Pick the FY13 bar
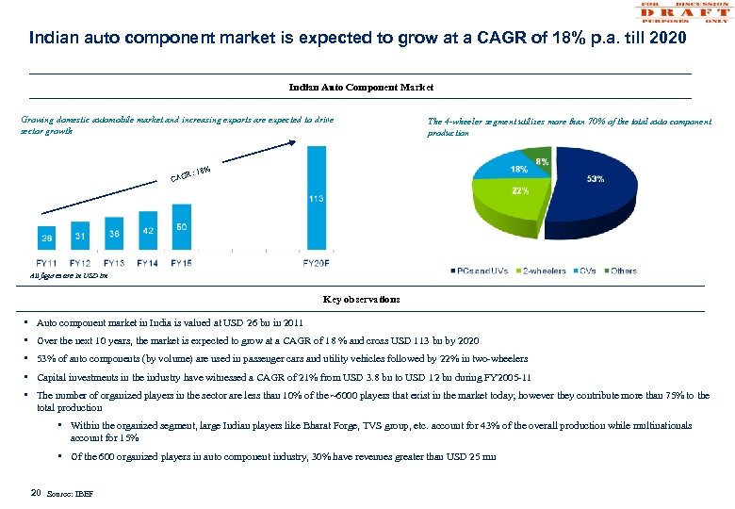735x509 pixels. pos(114,236)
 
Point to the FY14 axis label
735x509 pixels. pos(148,263)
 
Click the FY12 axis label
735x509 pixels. pos(80,263)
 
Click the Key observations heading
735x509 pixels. pos(361,299)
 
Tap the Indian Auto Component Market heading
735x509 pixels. pos(361,87)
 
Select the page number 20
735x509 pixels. pos(35,491)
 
